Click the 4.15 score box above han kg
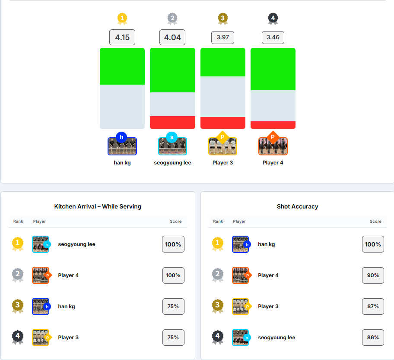122,38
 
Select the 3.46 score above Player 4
273,38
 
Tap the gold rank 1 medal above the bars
122,19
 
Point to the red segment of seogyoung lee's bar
172,122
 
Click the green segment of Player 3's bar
222,62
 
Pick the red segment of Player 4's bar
273,125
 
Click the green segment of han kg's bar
122,66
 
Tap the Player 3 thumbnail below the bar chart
222,146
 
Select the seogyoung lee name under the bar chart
172,163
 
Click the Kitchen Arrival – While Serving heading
98,206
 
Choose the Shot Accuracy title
297,206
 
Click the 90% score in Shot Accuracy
372,275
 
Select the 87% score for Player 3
372,306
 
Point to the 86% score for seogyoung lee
372,338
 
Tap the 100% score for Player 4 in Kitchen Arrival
173,275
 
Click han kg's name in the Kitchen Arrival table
67,306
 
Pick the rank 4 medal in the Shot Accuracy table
217,337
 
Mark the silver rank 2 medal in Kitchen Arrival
18,275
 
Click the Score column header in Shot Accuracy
375,221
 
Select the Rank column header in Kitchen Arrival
18,221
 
